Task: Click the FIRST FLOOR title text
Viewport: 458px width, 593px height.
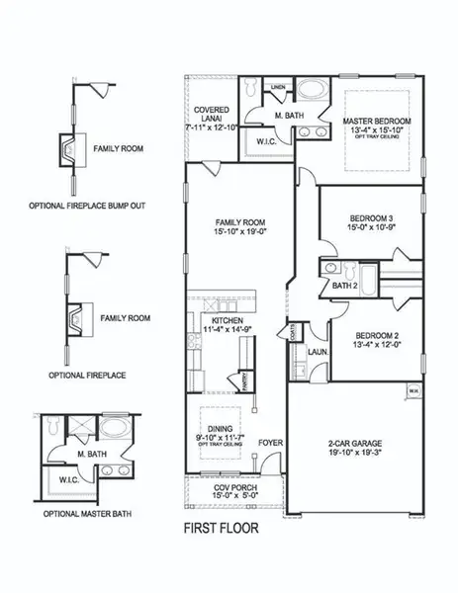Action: coord(220,528)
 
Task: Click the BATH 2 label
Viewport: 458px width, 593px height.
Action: coord(344,286)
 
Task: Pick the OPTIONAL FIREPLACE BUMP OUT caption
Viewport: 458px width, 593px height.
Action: coord(77,208)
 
